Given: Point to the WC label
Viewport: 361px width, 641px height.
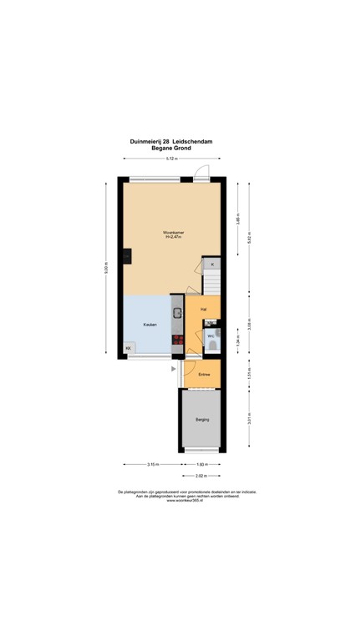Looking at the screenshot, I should tap(211, 336).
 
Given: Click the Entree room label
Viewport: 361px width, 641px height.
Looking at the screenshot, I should tap(203, 375).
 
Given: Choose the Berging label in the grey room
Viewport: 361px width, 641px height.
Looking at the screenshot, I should tap(202, 419).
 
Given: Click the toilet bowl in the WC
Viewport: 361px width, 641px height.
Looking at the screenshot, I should tap(214, 343).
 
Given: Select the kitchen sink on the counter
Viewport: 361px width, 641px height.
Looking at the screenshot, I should tap(177, 314).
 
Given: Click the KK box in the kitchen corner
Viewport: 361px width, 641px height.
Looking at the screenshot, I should tap(129, 348).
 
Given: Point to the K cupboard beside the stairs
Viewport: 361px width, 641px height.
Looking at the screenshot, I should tap(212, 265).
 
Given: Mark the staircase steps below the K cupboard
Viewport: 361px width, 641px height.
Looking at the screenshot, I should tap(212, 283).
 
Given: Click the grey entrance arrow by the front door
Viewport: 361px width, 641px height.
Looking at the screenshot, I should tap(173, 367).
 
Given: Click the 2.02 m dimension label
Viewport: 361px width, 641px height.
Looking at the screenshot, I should tap(201, 477).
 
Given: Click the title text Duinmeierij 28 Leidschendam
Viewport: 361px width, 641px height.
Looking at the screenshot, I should tap(170, 142).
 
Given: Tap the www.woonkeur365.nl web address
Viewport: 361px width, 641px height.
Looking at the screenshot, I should tap(181, 501).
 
